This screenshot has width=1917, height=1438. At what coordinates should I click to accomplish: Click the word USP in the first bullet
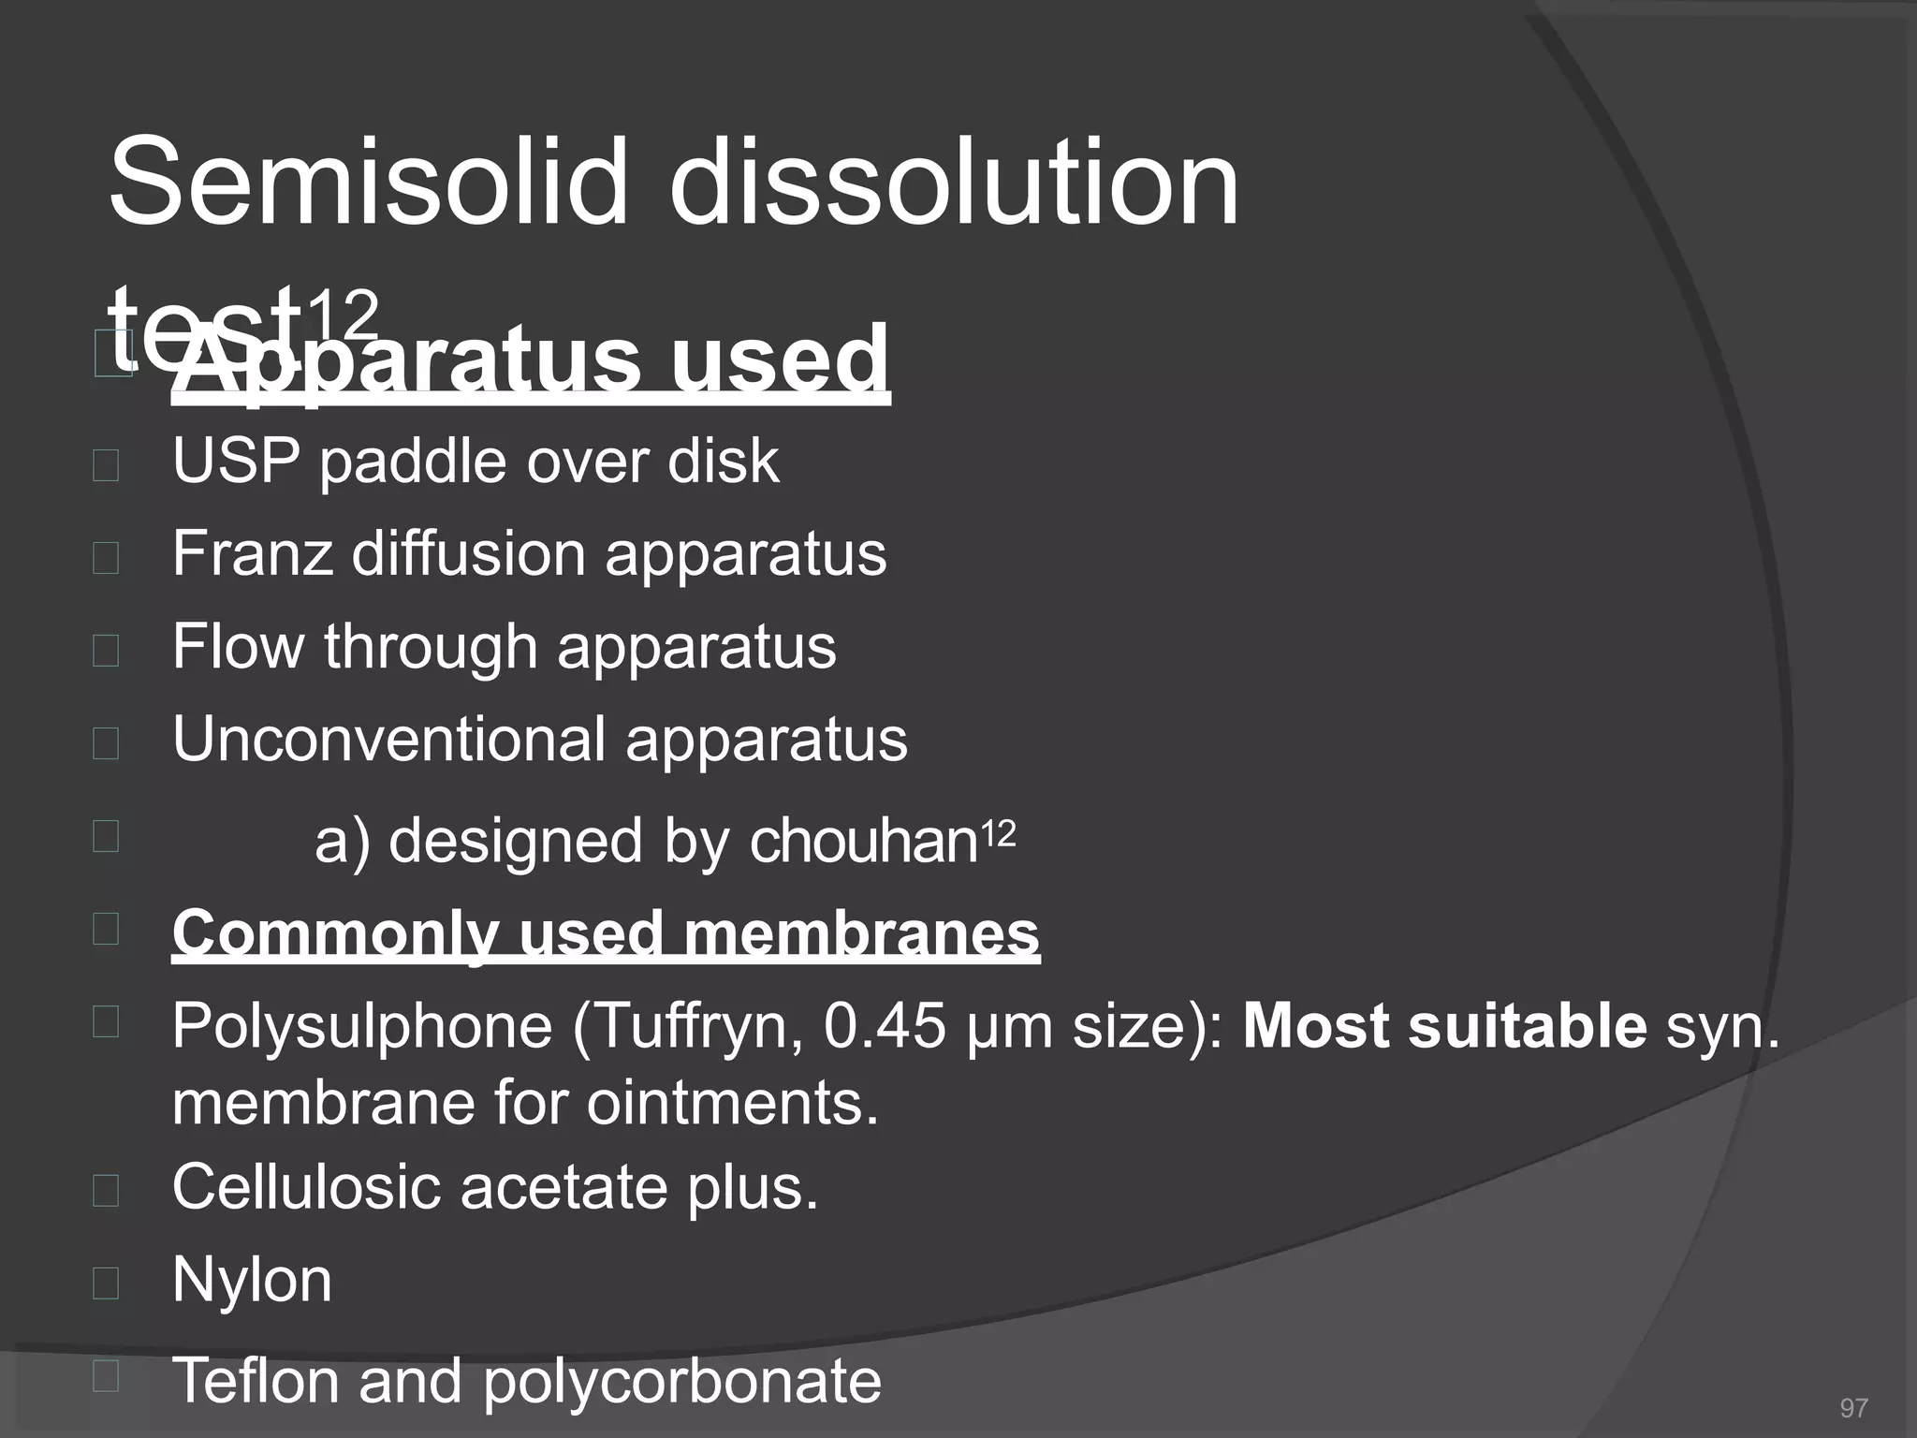(237, 461)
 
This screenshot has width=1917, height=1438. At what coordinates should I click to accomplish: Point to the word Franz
(252, 553)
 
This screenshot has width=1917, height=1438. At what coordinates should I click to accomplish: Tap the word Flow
(238, 646)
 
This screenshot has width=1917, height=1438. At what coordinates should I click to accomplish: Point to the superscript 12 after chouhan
(998, 832)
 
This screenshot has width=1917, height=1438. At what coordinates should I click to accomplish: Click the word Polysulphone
(362, 1027)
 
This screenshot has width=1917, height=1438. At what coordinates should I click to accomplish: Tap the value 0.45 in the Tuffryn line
(885, 1026)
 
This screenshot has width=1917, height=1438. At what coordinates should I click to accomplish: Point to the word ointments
(733, 1102)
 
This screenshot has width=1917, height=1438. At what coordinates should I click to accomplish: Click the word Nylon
(252, 1280)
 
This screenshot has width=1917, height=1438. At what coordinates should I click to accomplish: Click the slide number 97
(1853, 1408)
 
